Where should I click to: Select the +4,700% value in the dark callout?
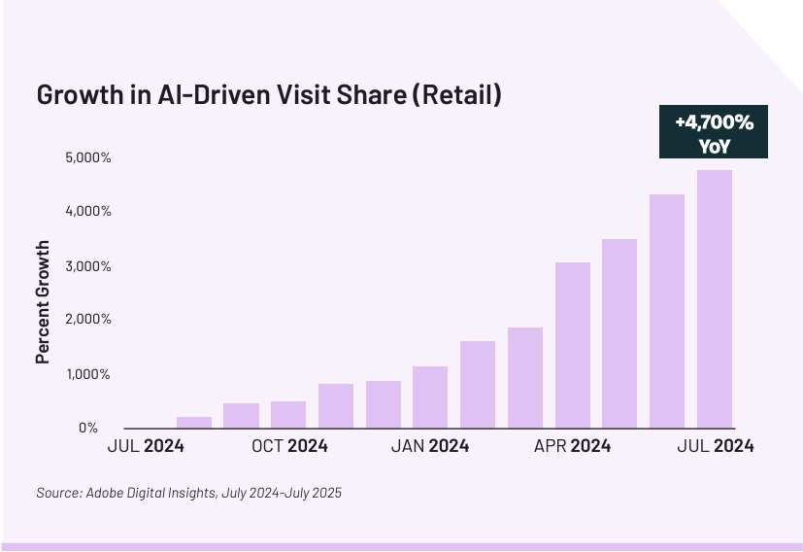click(x=714, y=122)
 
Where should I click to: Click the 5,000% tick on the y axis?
click(x=76, y=157)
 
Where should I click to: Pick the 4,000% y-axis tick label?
click(x=76, y=211)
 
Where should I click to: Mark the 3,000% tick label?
click(x=76, y=265)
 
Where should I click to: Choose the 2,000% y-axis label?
click(x=76, y=320)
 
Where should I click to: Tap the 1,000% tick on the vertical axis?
click(x=76, y=374)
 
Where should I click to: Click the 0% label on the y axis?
click(x=87, y=428)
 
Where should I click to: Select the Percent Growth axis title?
click(x=43, y=302)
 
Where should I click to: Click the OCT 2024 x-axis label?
click(x=288, y=446)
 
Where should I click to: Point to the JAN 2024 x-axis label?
click(x=429, y=446)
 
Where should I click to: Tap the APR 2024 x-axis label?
click(x=572, y=446)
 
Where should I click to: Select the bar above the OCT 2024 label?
click(x=288, y=414)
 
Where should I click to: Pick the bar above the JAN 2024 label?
click(x=430, y=397)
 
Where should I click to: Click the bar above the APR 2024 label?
click(x=572, y=345)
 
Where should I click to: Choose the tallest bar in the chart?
click(x=714, y=299)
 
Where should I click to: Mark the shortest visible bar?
click(x=194, y=423)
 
